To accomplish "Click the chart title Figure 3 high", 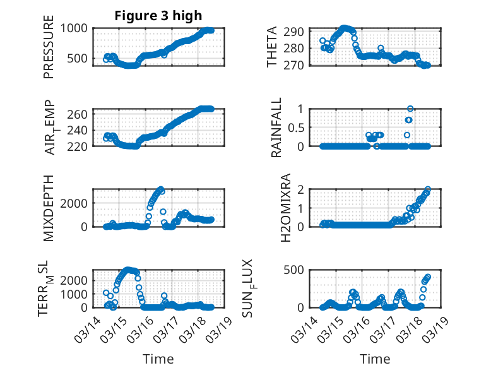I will [x=158, y=15].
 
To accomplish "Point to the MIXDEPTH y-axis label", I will [x=49, y=208].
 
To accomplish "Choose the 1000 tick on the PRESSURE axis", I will [x=76, y=28].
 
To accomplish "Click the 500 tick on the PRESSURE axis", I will [x=80, y=59].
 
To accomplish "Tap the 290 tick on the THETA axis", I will [x=298, y=32].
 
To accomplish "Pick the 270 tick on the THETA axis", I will [x=298, y=65].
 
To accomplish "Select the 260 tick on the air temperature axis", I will [x=80, y=114].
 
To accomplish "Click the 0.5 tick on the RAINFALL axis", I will [x=296, y=127].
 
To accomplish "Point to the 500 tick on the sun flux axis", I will [x=297, y=270].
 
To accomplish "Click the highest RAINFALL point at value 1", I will [x=410, y=109].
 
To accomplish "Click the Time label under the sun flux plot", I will [x=375, y=359].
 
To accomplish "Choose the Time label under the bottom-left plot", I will [x=158, y=359].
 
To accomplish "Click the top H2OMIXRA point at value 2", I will [x=428, y=189].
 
